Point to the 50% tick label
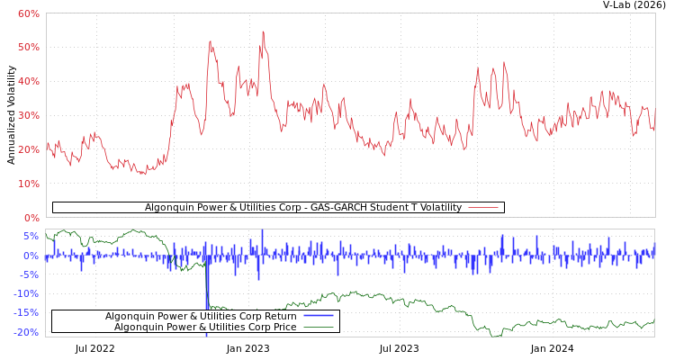(28, 47)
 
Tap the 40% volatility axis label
(28, 81)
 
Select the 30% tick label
(28, 115)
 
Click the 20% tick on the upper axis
(28, 149)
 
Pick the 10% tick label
(28, 184)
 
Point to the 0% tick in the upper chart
(31, 218)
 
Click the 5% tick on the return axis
(31, 237)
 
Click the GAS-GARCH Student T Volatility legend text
(302, 208)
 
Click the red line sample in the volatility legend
(482, 208)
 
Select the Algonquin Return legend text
(201, 316)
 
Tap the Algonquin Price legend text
(204, 327)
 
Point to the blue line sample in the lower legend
(319, 316)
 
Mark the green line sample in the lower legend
(319, 327)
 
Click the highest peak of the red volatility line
(263, 32)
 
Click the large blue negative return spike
(207, 306)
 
